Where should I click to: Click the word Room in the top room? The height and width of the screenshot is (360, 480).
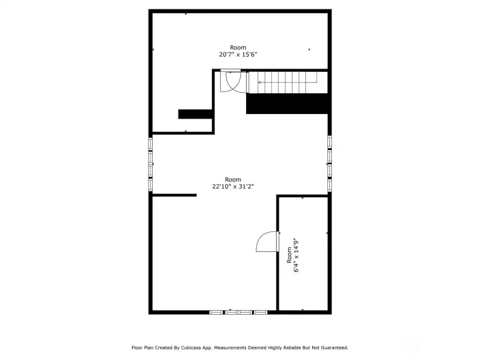pyautogui.click(x=238, y=47)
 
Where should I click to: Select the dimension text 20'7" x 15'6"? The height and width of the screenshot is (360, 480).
pyautogui.click(x=238, y=55)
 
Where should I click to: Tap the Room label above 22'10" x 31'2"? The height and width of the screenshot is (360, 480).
pyautogui.click(x=233, y=179)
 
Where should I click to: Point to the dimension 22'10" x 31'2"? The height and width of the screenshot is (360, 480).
pyautogui.click(x=233, y=187)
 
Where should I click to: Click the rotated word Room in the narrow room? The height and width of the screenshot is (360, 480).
pyautogui.click(x=289, y=255)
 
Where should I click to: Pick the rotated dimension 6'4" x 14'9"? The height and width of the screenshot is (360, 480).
pyautogui.click(x=296, y=255)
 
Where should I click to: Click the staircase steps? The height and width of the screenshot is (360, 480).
pyautogui.click(x=287, y=83)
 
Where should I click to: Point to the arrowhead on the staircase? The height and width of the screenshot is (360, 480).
pyautogui.click(x=259, y=83)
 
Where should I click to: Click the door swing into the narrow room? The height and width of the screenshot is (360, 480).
pyautogui.click(x=268, y=241)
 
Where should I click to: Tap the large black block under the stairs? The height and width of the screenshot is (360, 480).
pyautogui.click(x=288, y=103)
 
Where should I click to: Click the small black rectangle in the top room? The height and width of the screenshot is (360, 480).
pyautogui.click(x=195, y=114)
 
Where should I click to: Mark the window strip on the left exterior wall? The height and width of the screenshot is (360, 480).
pyautogui.click(x=151, y=163)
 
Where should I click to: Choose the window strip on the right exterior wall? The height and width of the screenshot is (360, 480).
pyautogui.click(x=329, y=163)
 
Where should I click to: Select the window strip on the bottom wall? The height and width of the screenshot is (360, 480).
pyautogui.click(x=239, y=311)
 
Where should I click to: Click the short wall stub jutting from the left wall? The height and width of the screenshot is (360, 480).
pyautogui.click(x=175, y=195)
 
